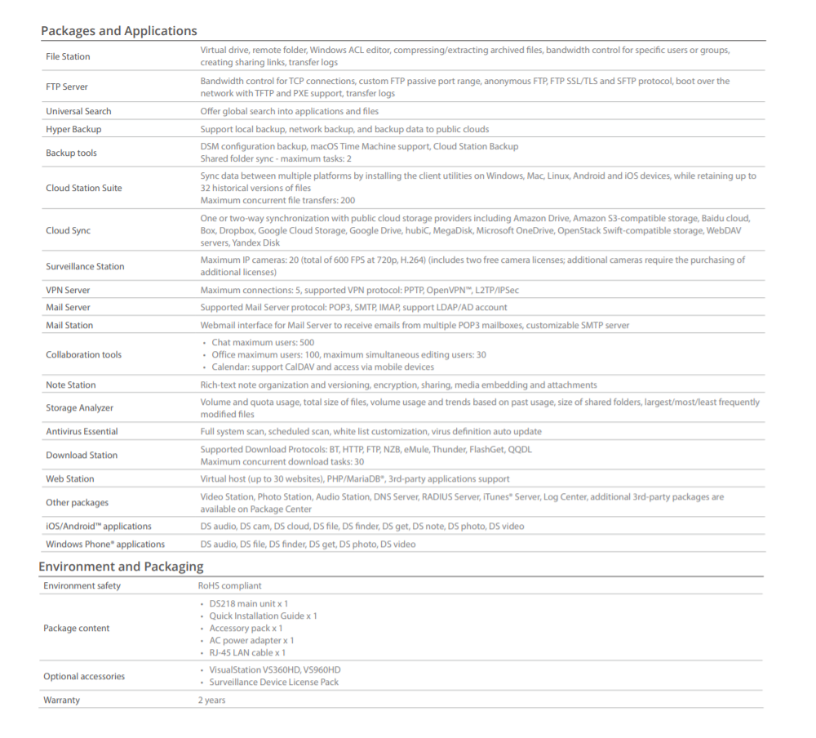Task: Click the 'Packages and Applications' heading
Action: tap(119, 31)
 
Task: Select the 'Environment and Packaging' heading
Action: tap(121, 567)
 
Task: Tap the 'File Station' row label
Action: tap(68, 56)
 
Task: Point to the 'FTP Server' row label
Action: tap(67, 87)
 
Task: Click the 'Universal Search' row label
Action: tap(78, 111)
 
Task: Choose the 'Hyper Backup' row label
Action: tap(73, 129)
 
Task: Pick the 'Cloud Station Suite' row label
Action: tap(84, 188)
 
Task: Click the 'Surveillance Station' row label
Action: tap(85, 266)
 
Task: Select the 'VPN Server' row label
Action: tap(68, 290)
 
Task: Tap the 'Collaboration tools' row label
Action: tap(83, 354)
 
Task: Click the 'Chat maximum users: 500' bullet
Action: tap(262, 343)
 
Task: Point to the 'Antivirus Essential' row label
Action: tap(82, 431)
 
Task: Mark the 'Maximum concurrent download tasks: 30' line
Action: tap(282, 461)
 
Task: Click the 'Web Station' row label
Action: tap(69, 478)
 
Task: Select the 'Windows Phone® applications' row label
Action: tap(105, 544)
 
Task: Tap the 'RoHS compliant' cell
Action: tap(229, 585)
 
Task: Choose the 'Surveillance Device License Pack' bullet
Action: tap(273, 682)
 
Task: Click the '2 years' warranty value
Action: tap(211, 700)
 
